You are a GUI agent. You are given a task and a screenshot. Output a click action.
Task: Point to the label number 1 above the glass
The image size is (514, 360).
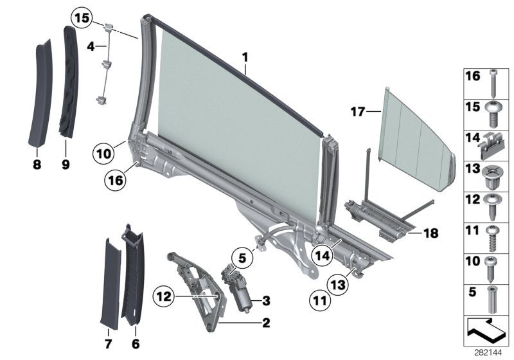245,57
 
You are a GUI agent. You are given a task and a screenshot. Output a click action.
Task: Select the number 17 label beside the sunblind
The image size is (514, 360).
357,112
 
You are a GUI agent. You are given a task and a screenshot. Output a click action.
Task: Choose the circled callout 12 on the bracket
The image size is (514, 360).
164,297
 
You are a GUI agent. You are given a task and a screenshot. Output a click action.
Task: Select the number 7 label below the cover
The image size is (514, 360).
108,345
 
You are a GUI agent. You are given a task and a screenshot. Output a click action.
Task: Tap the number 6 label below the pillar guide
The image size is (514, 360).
135,345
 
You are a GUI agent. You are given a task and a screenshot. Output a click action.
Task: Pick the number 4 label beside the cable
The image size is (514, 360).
91,46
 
